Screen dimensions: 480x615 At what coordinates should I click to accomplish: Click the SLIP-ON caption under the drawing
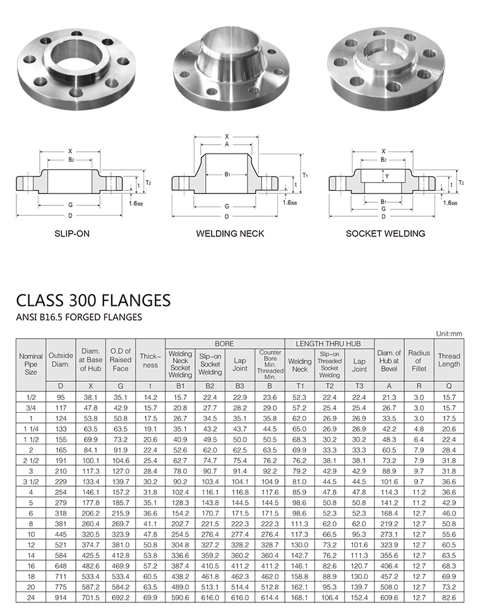[72, 233]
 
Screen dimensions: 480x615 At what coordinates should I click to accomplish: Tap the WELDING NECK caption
[230, 234]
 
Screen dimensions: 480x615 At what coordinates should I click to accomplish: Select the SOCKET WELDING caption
[385, 234]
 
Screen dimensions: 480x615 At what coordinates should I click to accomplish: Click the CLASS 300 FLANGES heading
[93, 300]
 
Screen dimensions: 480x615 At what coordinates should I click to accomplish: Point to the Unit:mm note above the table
[449, 334]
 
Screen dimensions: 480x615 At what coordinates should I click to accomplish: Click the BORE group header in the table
[224, 344]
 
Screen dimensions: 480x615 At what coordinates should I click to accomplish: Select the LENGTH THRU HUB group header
[328, 344]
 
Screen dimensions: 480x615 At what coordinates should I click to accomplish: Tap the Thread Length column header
[449, 360]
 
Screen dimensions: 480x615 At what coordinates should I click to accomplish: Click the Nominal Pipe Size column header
[31, 364]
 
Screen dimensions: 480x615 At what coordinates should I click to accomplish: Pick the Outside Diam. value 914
[61, 598]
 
